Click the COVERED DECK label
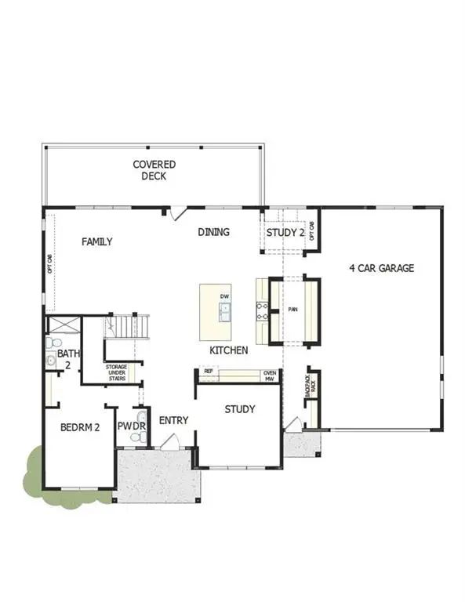coord(154,170)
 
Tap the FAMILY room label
coord(97,242)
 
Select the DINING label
coord(213,232)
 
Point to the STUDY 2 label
coord(285,233)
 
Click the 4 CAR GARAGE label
coord(381,268)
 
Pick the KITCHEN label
coord(229,350)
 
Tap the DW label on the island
coord(224,296)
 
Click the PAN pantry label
coord(293,310)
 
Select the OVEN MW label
coord(270,375)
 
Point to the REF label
coord(209,371)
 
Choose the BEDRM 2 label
coord(80,428)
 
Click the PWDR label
coord(128,426)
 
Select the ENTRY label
coord(173,421)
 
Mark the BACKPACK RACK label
coord(312,384)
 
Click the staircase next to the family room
coord(125,325)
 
